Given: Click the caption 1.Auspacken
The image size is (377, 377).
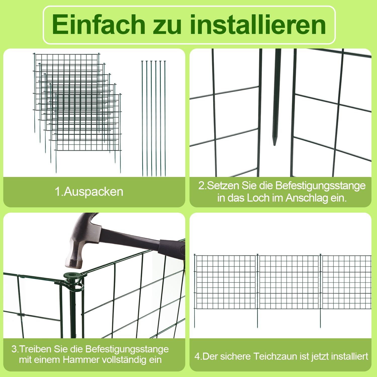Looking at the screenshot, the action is click(89, 192).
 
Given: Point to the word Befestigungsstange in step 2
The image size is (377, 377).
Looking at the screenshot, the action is click(320, 185).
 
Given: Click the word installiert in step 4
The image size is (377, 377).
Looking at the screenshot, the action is click(350, 356).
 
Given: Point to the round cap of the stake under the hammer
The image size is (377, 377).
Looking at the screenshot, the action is click(73, 275).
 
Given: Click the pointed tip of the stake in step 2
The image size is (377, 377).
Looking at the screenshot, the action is click(274, 144).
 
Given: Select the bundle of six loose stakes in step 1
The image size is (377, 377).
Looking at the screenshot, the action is click(154, 118).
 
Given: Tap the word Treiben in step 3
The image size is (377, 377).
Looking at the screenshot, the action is click(35, 349).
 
